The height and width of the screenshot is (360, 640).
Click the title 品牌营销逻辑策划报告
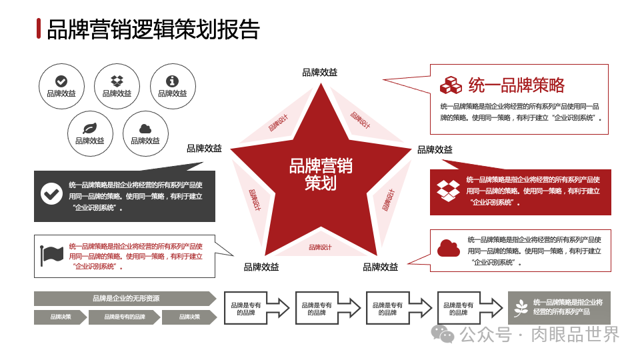click(153, 29)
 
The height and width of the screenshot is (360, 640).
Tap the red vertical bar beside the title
click(38, 29)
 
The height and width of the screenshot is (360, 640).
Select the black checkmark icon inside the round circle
click(61, 81)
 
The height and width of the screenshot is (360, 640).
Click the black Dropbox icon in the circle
click(117, 81)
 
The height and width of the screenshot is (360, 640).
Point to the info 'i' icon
click(172, 81)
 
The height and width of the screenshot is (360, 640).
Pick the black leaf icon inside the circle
click(89, 129)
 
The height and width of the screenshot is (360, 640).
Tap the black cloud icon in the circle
click(145, 129)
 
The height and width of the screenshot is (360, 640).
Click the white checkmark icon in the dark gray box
click(51, 193)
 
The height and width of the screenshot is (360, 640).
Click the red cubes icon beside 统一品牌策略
click(451, 85)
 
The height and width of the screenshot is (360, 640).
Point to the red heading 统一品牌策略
click(517, 85)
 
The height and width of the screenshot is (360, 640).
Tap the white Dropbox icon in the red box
click(449, 190)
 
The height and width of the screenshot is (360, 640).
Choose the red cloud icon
click(449, 249)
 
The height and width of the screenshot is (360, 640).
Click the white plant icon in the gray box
click(521, 307)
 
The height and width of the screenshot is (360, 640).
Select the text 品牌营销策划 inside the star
click(321, 174)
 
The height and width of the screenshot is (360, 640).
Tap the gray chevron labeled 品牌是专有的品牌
click(125, 317)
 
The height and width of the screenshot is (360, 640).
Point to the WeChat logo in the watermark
click(442, 333)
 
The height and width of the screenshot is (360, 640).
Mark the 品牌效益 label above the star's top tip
click(320, 73)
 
